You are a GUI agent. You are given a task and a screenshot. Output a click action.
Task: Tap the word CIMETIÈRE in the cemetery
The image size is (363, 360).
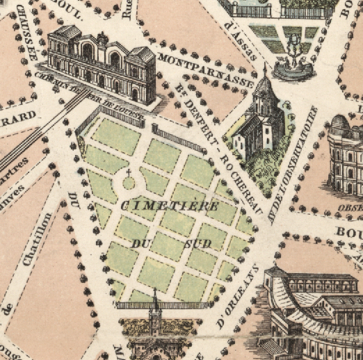point(169,206)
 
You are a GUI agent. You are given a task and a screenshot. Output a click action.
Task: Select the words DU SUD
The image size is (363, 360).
point(170,244)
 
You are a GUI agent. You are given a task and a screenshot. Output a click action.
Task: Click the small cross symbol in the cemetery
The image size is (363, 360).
point(129,170)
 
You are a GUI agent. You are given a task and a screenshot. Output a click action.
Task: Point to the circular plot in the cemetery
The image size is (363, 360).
point(129,183)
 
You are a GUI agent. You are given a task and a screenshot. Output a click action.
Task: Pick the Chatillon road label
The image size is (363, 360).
point(37,237)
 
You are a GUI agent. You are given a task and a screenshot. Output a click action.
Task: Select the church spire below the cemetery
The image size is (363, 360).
point(154,306)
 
